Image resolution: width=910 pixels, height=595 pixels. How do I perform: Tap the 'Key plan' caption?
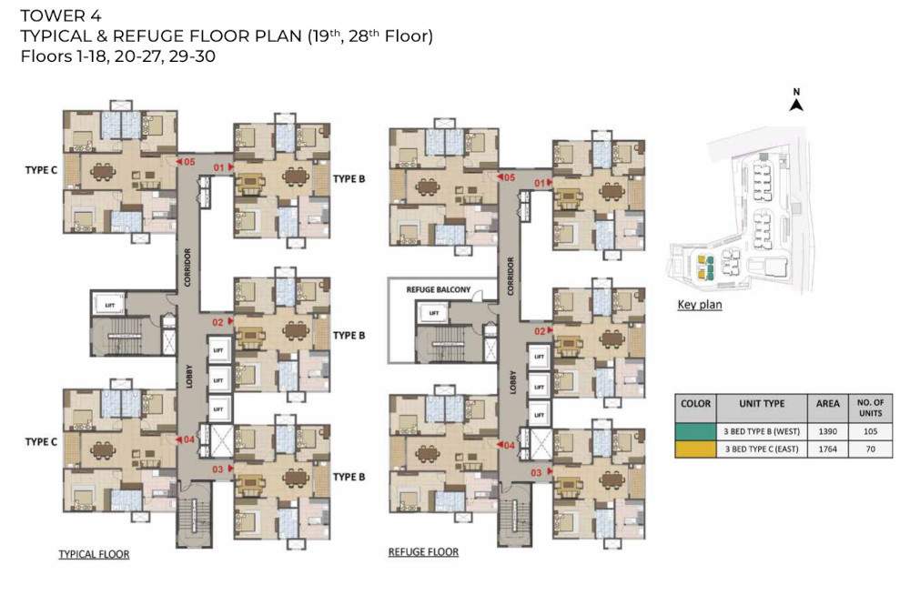pyautogui.click(x=699, y=305)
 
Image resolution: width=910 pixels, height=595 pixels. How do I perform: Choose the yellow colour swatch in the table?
pyautogui.click(x=695, y=449)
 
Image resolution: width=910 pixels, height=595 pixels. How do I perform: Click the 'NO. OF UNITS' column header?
pyautogui.click(x=870, y=405)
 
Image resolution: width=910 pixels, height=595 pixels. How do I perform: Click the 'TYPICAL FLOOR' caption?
pyautogui.click(x=94, y=553)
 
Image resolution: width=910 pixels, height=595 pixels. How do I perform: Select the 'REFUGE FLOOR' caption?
pyautogui.click(x=423, y=552)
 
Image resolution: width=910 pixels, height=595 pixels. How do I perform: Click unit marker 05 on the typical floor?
pyautogui.click(x=187, y=162)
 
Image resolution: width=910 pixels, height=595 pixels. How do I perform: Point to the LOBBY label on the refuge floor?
pyautogui.click(x=512, y=380)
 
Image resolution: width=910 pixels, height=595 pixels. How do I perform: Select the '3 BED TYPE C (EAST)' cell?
pyautogui.click(x=761, y=449)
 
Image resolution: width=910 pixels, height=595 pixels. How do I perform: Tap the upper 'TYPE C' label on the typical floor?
pyautogui.click(x=41, y=169)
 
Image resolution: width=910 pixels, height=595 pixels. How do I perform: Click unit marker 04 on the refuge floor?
pyautogui.click(x=507, y=445)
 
